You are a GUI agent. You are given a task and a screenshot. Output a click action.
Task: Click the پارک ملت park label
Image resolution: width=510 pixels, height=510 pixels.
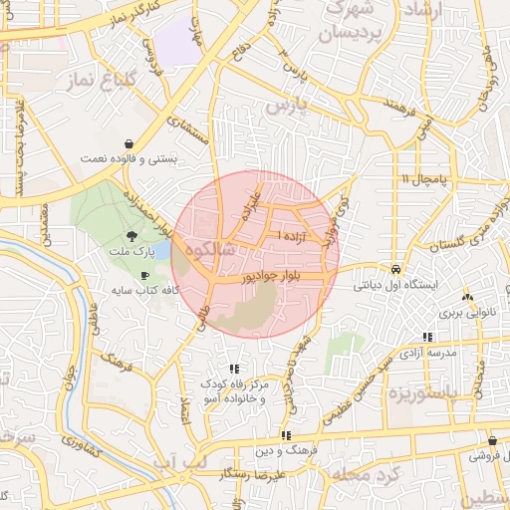pyautogui.click(x=132, y=254)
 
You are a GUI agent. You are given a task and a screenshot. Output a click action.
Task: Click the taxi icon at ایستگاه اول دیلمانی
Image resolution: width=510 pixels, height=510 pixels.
pyautogui.click(x=396, y=269)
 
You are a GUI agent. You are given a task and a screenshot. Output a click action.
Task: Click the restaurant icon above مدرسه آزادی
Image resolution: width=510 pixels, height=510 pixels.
pyautogui.click(x=427, y=338)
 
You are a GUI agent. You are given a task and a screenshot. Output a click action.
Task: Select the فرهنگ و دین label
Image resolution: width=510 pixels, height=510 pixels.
pyautogui.click(x=286, y=450)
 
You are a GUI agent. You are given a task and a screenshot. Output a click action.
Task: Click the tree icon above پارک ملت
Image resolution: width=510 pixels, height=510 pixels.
pyautogui.click(x=133, y=238)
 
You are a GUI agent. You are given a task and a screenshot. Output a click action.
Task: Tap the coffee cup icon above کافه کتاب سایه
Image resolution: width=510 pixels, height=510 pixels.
pyautogui.click(x=145, y=275)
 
